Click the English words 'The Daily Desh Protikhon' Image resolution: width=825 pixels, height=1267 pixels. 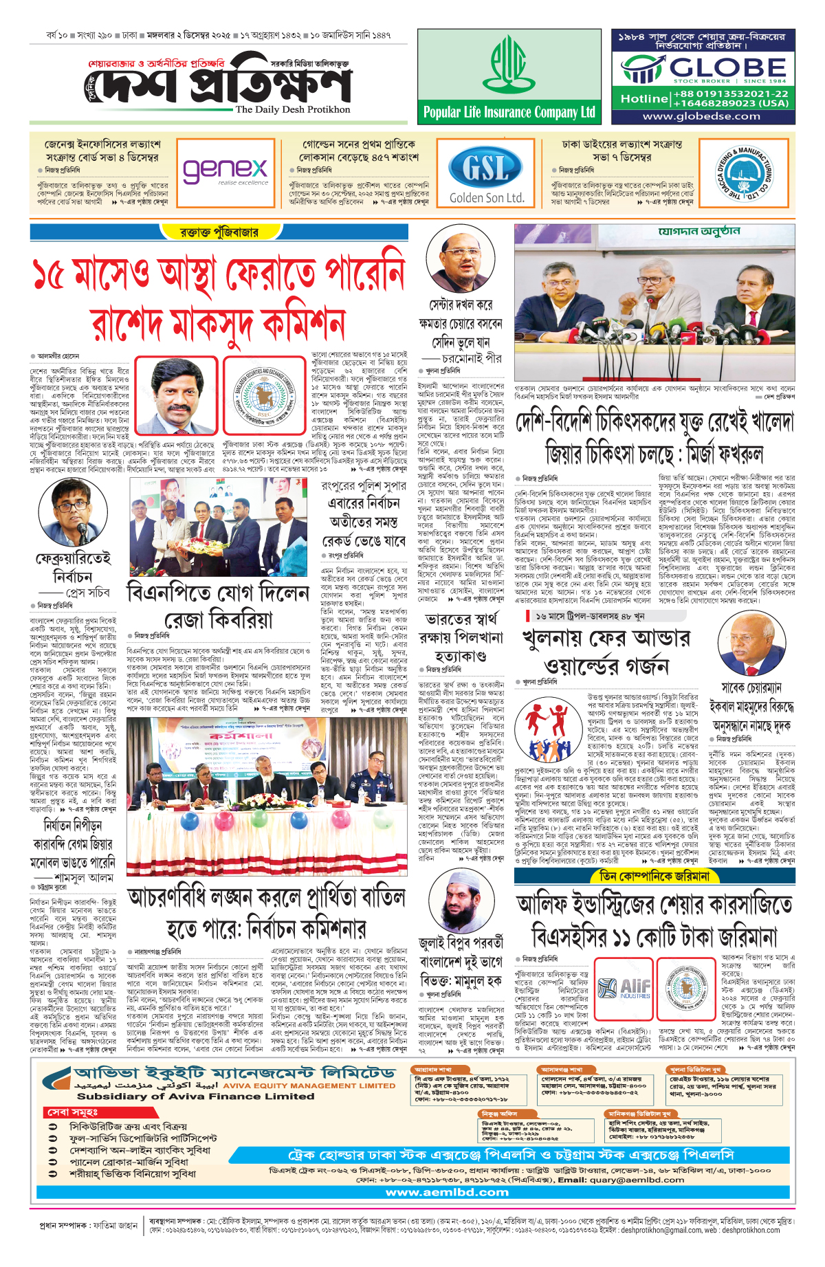click(x=292, y=109)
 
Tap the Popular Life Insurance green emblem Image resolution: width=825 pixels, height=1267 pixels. click(x=507, y=65)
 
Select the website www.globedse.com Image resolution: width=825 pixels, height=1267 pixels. click(x=701, y=116)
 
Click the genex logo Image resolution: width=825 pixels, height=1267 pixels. click(x=225, y=169)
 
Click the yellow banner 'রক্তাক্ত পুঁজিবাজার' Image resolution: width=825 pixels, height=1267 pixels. click(x=219, y=232)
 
